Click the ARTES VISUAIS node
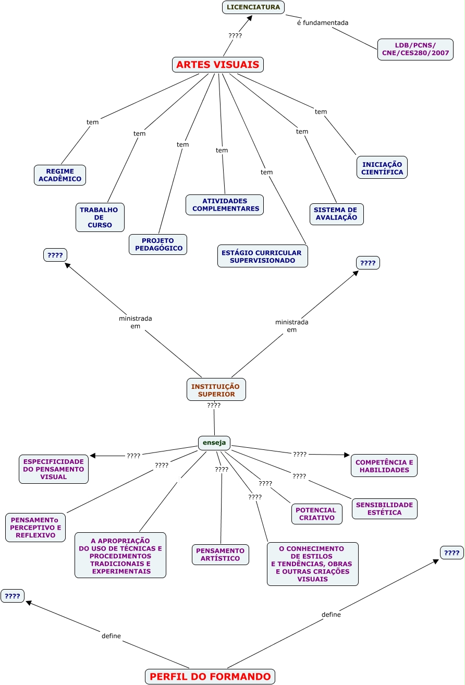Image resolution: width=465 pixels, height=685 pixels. (218, 65)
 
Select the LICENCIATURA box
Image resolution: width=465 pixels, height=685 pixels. (253, 7)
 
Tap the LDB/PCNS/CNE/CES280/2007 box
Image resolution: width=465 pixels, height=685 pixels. (415, 50)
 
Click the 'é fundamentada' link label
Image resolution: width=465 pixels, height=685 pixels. (323, 23)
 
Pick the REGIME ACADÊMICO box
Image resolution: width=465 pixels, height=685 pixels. (60, 175)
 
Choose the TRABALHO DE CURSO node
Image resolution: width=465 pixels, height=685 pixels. (100, 217)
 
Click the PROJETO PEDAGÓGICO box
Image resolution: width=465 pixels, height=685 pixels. (158, 244)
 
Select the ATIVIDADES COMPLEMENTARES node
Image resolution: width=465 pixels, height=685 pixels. (225, 205)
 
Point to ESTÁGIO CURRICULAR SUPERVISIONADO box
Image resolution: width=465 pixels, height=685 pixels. (262, 256)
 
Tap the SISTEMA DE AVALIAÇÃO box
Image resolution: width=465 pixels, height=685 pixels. (336, 214)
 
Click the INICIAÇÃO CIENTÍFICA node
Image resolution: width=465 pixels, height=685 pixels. (382, 167)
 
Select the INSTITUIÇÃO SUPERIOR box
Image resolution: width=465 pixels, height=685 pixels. (216, 390)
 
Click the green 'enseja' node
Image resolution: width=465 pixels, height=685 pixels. (214, 443)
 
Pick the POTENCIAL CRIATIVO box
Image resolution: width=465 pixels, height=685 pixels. (317, 514)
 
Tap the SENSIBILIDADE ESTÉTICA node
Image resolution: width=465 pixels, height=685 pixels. (384, 509)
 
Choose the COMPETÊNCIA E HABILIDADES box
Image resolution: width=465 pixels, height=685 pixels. (384, 466)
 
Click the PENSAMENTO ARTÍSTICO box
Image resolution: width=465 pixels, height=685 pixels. (221, 555)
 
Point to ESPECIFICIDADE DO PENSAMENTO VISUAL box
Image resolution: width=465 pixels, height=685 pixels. (54, 469)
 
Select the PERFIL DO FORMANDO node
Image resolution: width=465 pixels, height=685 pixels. (210, 677)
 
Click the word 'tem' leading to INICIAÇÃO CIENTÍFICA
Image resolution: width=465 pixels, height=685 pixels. (321, 112)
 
